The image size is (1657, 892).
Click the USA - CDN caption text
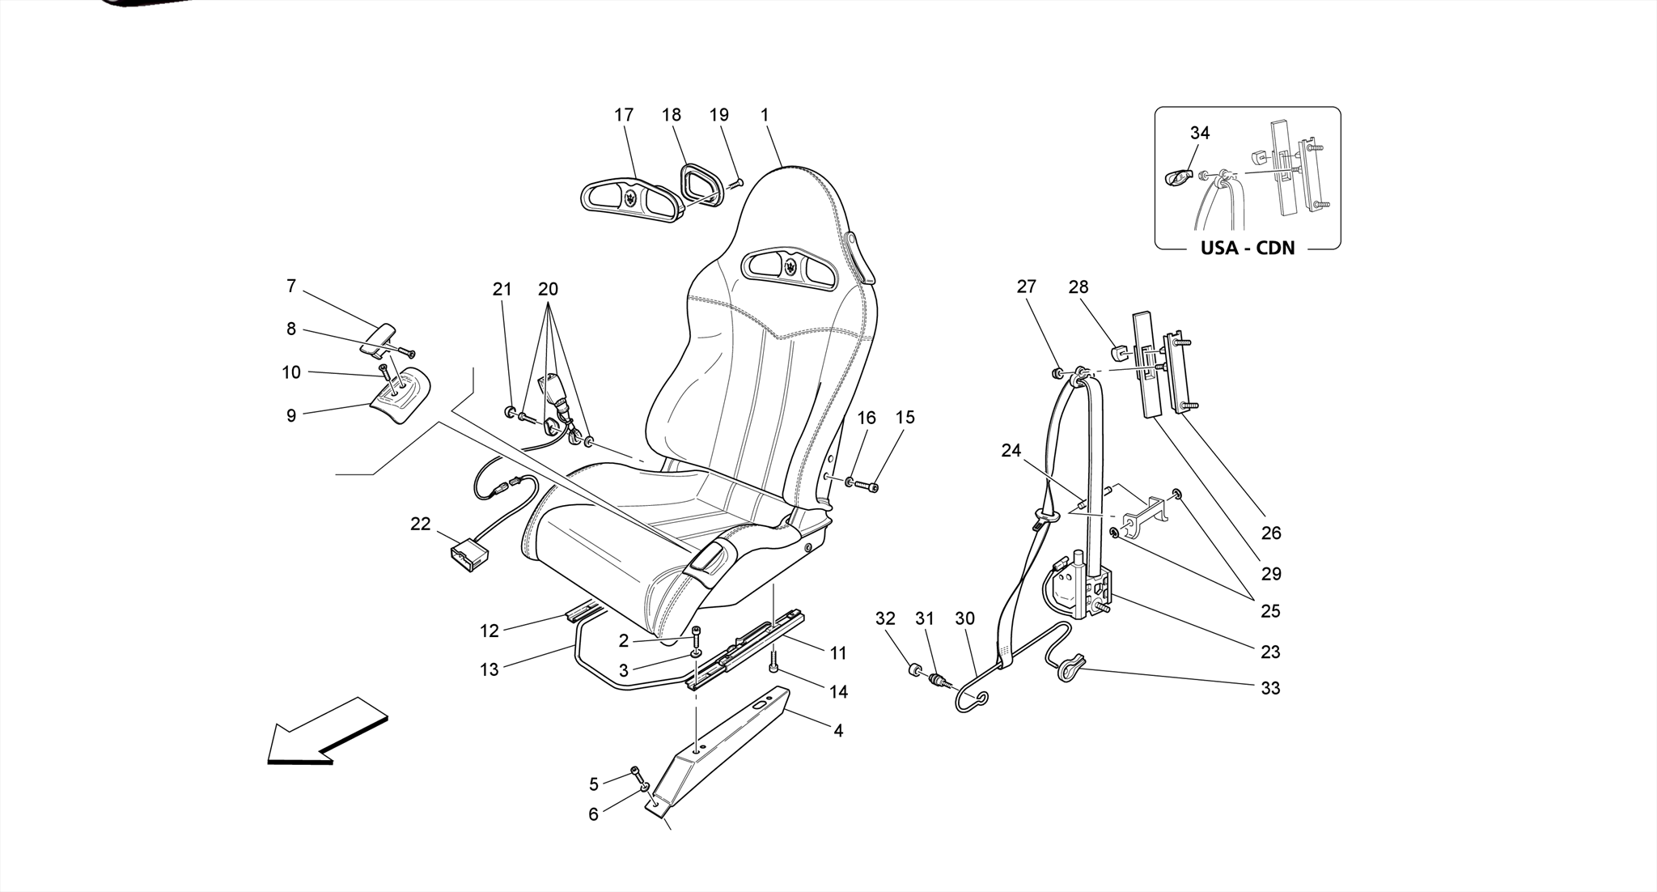(1247, 248)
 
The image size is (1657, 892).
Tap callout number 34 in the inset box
(1200, 133)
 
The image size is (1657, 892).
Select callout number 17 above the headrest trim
(624, 115)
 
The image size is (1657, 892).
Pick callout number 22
(421, 524)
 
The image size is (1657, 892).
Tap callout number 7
(291, 286)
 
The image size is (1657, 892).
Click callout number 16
(867, 418)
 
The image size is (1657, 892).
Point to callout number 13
(489, 669)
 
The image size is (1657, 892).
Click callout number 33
(1270, 688)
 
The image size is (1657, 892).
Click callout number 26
(1270, 533)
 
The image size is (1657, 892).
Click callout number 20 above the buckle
(548, 289)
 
